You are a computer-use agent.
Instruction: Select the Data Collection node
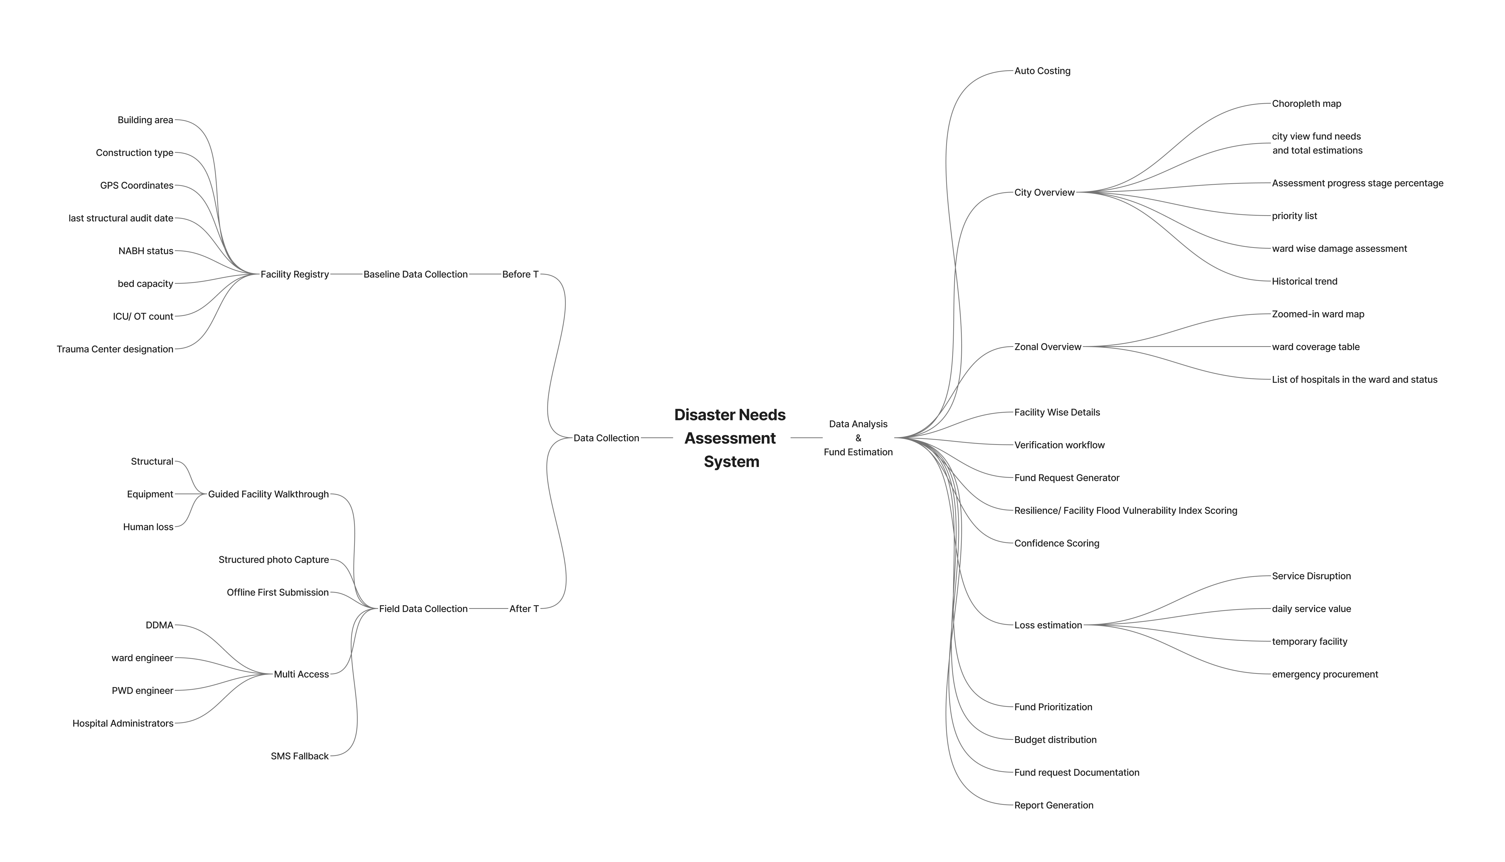tap(606, 438)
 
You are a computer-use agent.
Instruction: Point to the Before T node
tap(520, 274)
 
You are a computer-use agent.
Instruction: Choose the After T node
tap(524, 609)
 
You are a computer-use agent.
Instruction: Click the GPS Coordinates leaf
tap(137, 185)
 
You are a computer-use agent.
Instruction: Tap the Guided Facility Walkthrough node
tap(268, 494)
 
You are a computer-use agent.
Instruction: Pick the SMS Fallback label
tap(300, 756)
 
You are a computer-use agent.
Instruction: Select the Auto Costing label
tap(1042, 71)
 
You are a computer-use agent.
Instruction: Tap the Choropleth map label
tap(1306, 104)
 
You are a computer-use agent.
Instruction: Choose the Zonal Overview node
tap(1047, 347)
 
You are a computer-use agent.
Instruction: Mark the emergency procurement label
tap(1324, 674)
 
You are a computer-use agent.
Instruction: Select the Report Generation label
tap(1053, 805)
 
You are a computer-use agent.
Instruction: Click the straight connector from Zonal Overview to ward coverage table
tap(1178, 347)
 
